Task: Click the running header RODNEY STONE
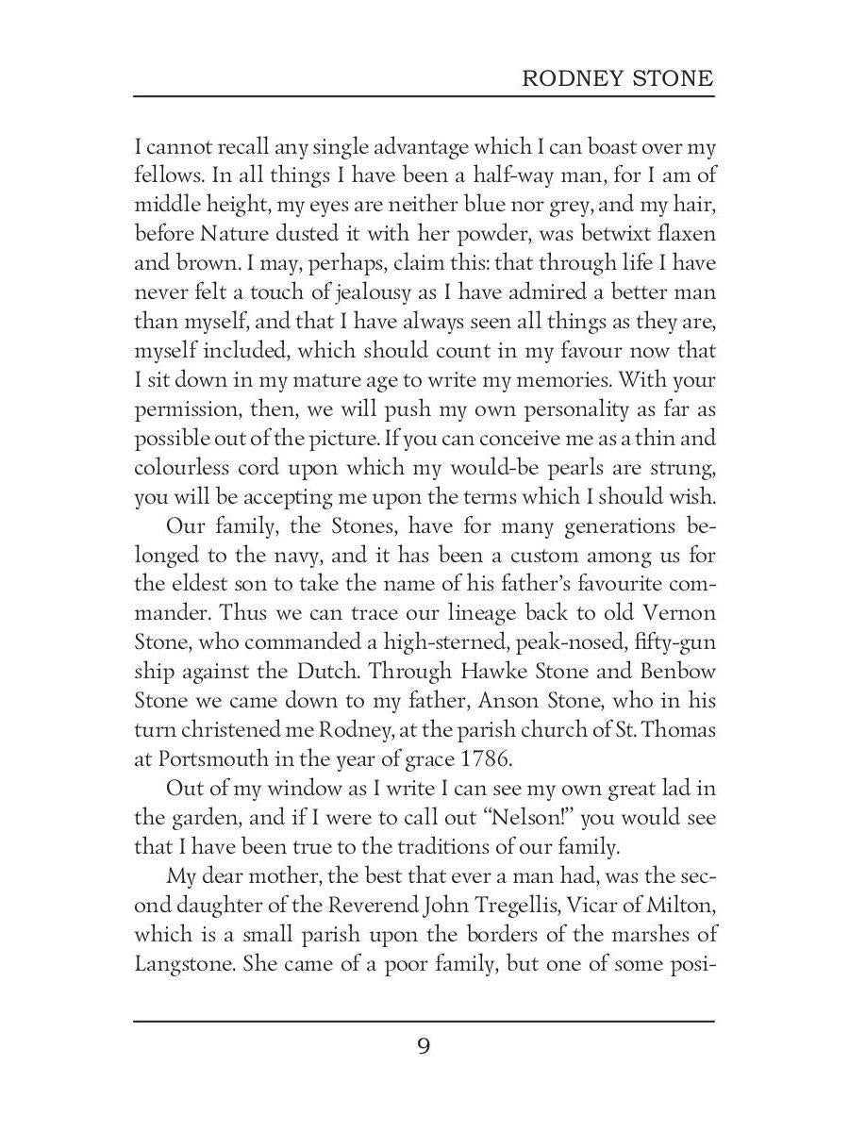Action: [618, 78]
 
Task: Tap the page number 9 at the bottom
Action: [424, 1046]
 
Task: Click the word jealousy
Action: [343, 293]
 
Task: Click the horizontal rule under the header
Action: [424, 95]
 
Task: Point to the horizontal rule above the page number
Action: [424, 1020]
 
